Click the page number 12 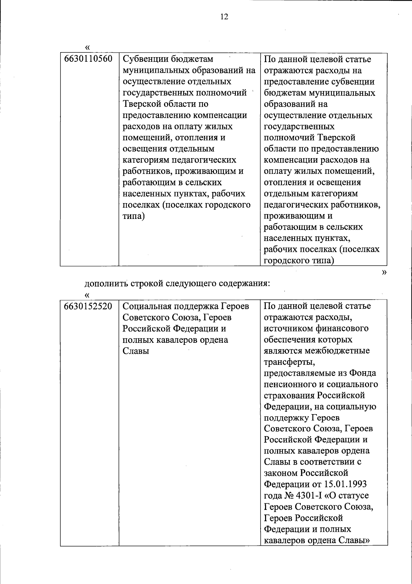click(x=224, y=17)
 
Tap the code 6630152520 click(x=88, y=306)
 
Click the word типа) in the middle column click(x=134, y=216)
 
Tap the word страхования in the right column click(x=289, y=395)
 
